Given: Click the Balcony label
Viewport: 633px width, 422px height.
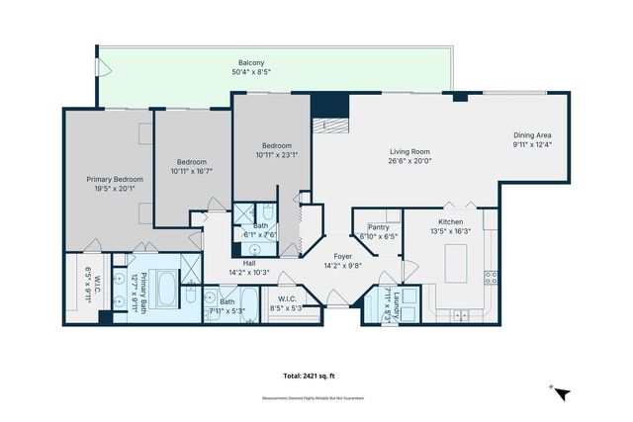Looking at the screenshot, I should click(x=235, y=62).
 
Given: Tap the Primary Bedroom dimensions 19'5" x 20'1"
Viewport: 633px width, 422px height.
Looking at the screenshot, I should click(x=115, y=188).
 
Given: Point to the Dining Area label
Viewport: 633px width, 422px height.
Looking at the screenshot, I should click(x=532, y=135).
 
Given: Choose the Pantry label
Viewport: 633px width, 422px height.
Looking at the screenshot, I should click(x=379, y=227).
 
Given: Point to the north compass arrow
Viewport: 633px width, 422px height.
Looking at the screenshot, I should click(x=562, y=393).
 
